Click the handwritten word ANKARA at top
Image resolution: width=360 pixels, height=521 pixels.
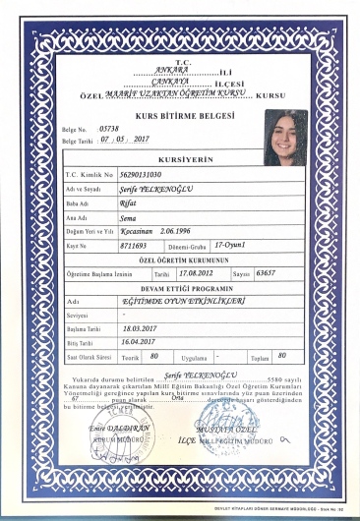click(x=157, y=70)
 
